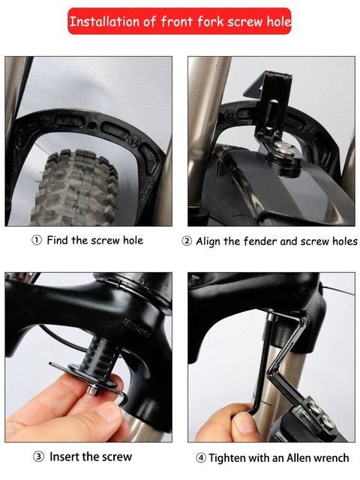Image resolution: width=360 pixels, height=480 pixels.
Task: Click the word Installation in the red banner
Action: pos(104,21)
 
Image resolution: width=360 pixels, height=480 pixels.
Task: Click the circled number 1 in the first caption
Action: pos(36,241)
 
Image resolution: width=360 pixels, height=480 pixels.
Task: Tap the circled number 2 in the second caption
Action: pos(187,241)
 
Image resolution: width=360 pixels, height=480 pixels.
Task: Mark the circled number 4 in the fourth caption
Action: pos(200,457)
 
